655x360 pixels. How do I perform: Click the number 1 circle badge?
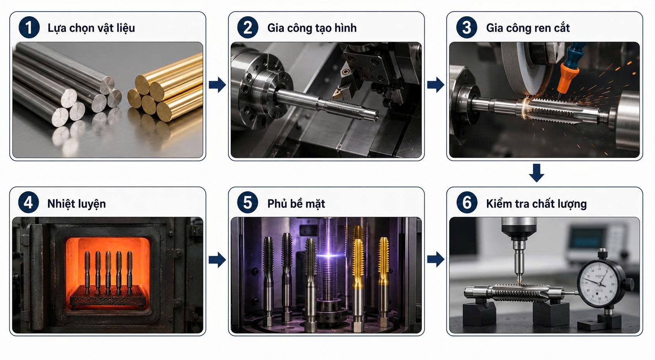pyautogui.click(x=29, y=27)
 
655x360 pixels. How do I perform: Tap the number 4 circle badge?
pyautogui.click(x=28, y=203)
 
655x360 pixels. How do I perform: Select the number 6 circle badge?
pyautogui.click(x=467, y=203)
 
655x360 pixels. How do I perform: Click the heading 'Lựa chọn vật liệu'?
pyautogui.click(x=91, y=28)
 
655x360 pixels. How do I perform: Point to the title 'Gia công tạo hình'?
pyautogui.click(x=312, y=28)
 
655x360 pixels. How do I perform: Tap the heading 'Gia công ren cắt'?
pyautogui.click(x=528, y=28)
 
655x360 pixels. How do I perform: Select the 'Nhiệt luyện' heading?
pyautogui.click(x=77, y=204)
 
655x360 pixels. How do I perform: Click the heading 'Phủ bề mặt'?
pyautogui.click(x=296, y=204)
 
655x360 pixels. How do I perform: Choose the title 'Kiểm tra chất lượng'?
pyautogui.click(x=536, y=204)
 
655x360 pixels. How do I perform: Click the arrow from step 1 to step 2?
pyautogui.click(x=217, y=85)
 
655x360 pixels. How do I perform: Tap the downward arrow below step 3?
pyautogui.click(x=537, y=173)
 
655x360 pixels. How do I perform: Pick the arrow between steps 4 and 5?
pyautogui.click(x=217, y=259)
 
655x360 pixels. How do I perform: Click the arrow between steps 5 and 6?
pyautogui.click(x=436, y=259)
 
